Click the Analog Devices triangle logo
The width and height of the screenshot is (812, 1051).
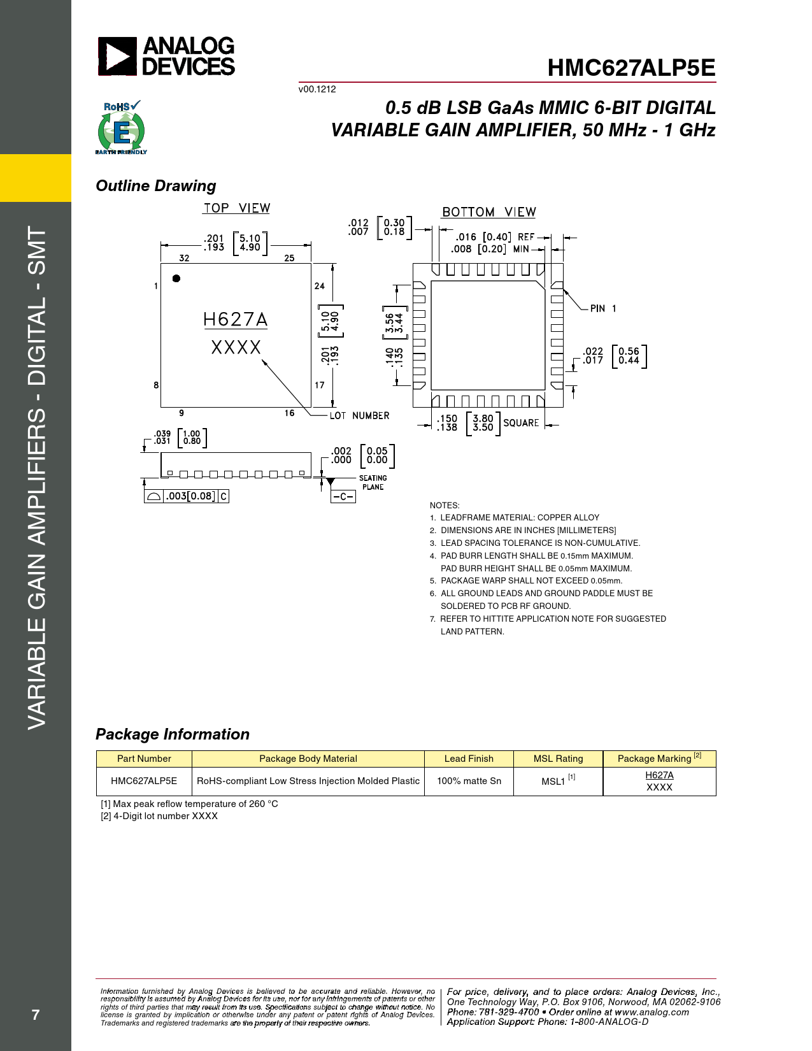click(x=117, y=57)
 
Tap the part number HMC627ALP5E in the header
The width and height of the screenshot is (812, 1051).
click(x=631, y=68)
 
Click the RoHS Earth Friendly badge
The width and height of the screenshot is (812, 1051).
click(x=121, y=128)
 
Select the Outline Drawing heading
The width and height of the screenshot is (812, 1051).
click(x=156, y=186)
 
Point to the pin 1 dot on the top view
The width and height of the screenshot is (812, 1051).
click(x=176, y=278)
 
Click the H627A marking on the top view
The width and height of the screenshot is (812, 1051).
click(x=235, y=319)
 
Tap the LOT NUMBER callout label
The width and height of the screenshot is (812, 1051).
click(x=359, y=416)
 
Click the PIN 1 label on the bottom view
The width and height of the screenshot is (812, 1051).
click(x=602, y=308)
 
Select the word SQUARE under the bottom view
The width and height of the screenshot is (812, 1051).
click(x=521, y=423)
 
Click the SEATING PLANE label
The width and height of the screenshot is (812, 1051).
click(x=373, y=482)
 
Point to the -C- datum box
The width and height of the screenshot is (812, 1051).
click(x=343, y=496)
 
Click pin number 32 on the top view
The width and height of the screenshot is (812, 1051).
click(x=184, y=258)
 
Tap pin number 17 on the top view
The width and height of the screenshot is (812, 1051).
click(x=319, y=385)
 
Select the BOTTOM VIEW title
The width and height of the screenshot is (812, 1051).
click(x=489, y=212)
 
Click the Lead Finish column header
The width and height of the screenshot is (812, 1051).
click(x=469, y=759)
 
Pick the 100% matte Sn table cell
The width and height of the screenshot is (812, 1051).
click(x=469, y=781)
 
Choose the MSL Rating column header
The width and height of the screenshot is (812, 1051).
click(x=558, y=759)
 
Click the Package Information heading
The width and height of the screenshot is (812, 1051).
click(x=173, y=734)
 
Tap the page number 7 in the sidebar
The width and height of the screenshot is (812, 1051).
click(x=36, y=1015)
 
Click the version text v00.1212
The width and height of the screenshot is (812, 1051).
click(x=317, y=89)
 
